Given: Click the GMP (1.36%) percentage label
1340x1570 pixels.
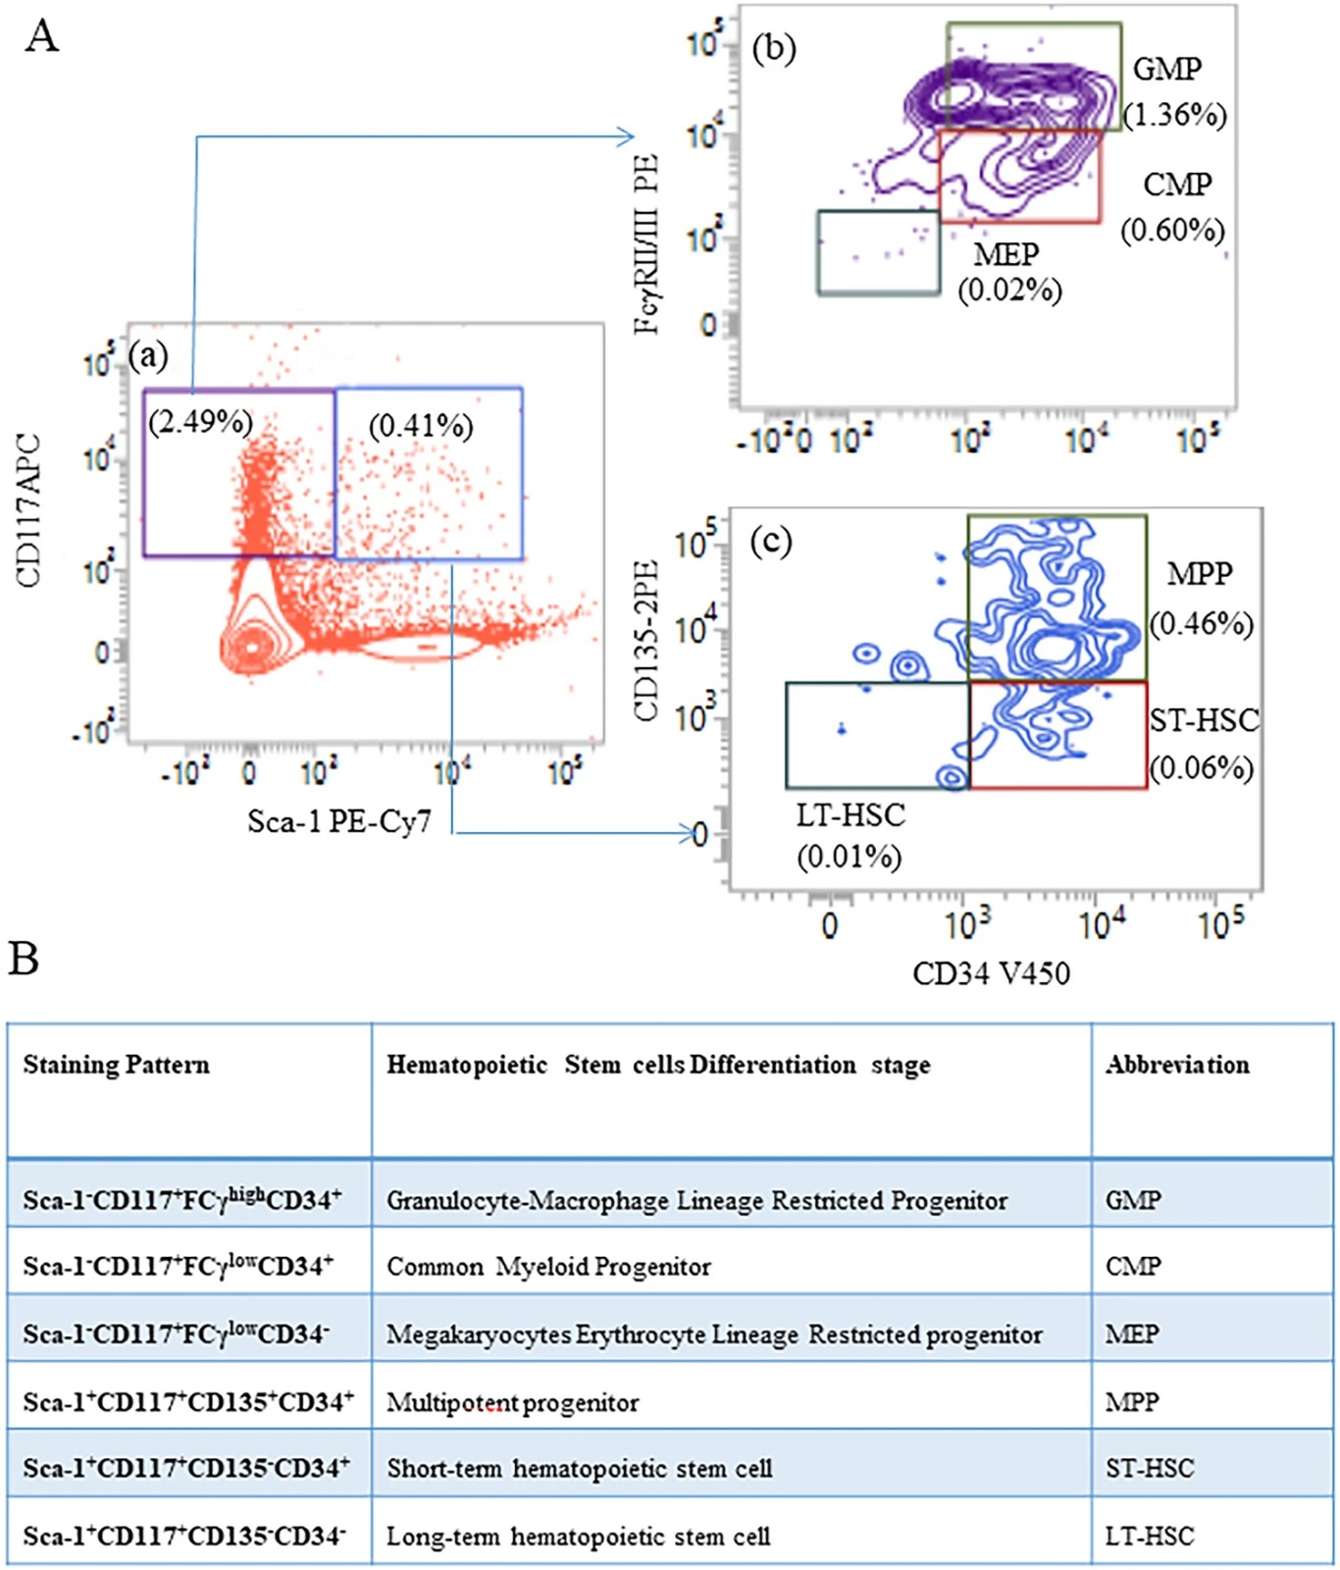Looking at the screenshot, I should pyautogui.click(x=1175, y=115).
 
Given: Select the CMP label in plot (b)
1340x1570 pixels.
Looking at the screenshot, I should pyautogui.click(x=1177, y=184).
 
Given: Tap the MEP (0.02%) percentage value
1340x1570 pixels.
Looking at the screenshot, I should pyautogui.click(x=1009, y=290).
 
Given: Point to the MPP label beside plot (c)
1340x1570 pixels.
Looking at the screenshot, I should pyautogui.click(x=1199, y=574).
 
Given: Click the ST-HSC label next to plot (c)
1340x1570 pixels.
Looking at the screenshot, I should pyautogui.click(x=1204, y=721).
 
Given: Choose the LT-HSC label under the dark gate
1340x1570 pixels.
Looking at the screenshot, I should pyautogui.click(x=850, y=816).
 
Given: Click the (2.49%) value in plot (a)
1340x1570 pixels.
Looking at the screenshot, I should pyautogui.click(x=200, y=422).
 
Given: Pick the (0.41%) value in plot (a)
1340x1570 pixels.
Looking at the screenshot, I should pyautogui.click(x=421, y=426).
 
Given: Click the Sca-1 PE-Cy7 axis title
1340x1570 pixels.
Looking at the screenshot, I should pyautogui.click(x=338, y=821).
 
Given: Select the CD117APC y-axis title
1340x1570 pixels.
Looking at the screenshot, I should pyautogui.click(x=29, y=510).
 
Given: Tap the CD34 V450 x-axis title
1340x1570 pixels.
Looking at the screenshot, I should pyautogui.click(x=991, y=973).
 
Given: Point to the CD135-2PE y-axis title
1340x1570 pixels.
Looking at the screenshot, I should pyautogui.click(x=645, y=641).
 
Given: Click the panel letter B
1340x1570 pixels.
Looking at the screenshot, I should pyautogui.click(x=24, y=959).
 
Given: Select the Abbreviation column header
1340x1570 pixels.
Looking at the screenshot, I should pyautogui.click(x=1177, y=1065).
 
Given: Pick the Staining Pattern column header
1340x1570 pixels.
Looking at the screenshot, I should pyautogui.click(x=116, y=1065).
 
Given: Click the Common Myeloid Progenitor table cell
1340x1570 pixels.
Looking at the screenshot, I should pyautogui.click(x=548, y=1267).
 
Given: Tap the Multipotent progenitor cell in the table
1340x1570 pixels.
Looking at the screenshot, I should pyautogui.click(x=512, y=1402).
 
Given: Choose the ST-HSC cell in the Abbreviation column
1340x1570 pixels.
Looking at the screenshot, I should pyautogui.click(x=1150, y=1469).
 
